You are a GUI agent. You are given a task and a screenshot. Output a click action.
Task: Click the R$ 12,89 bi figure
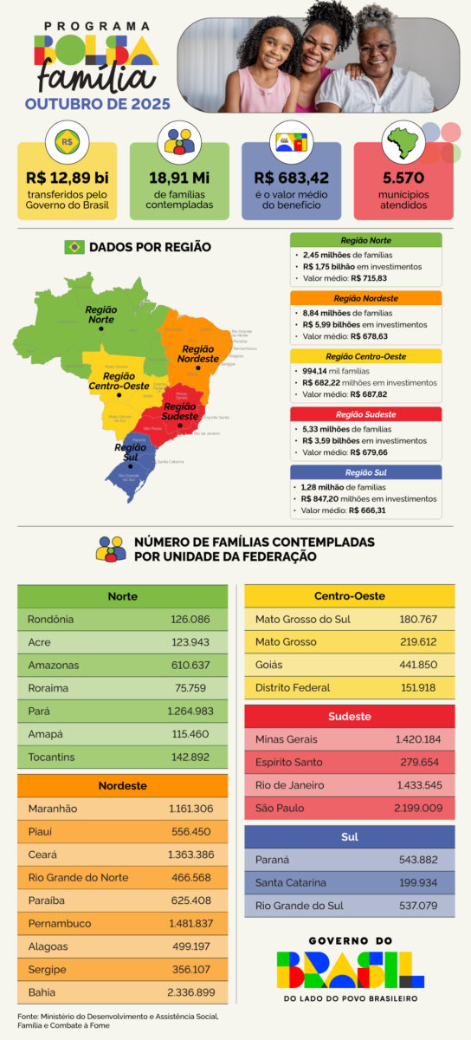tap(67, 178)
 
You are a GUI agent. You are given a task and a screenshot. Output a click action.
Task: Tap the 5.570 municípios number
tap(403, 178)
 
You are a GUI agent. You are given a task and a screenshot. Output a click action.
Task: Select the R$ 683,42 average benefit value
tap(291, 178)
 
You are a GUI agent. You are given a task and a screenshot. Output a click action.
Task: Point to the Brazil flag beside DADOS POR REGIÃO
tap(74, 247)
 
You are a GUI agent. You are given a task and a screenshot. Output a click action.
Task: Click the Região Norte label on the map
tap(100, 314)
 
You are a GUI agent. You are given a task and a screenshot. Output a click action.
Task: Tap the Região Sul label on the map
tap(130, 453)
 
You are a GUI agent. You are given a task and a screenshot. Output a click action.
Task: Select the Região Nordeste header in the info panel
tap(365, 298)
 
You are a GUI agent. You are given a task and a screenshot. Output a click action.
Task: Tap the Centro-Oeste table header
tap(349, 596)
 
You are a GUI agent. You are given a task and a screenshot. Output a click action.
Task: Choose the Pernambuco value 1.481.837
tap(191, 923)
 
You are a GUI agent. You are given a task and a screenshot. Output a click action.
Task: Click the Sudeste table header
tap(349, 717)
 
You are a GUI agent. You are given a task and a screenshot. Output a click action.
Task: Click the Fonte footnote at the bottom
tap(118, 1020)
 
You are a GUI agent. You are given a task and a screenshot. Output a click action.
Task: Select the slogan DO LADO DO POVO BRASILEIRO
tap(351, 998)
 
